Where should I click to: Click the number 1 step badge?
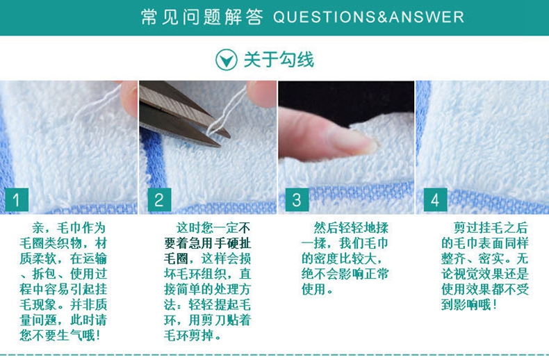pyautogui.click(x=17, y=199)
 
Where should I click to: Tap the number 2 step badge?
pyautogui.click(x=159, y=199)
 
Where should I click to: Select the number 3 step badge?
pyautogui.click(x=297, y=199)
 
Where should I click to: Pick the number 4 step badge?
pyautogui.click(x=435, y=199)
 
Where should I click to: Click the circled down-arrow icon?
pyautogui.click(x=226, y=60)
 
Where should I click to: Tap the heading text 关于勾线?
pyautogui.click(x=279, y=60)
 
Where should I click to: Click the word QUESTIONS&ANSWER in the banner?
pyautogui.click(x=369, y=17)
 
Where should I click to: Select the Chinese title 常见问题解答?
pyautogui.click(x=202, y=17)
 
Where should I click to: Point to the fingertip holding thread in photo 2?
pyautogui.click(x=261, y=93)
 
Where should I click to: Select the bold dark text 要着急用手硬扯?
pyautogui.click(x=208, y=243)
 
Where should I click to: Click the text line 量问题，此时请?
pyautogui.click(x=63, y=320)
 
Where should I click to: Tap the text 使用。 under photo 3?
pyautogui.click(x=317, y=290)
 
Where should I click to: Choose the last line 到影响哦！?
pyautogui.click(x=470, y=304)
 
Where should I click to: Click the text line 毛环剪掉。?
pyautogui.click(x=192, y=336)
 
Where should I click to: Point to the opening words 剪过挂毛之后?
pyautogui.click(x=491, y=228)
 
